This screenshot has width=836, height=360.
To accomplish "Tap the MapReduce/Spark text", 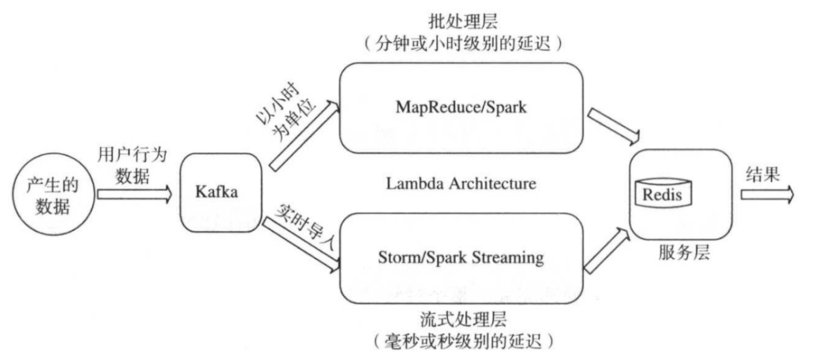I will click(x=461, y=107).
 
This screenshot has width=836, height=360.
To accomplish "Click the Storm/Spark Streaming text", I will click(x=461, y=257).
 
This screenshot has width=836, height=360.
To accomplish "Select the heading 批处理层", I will click(x=461, y=19).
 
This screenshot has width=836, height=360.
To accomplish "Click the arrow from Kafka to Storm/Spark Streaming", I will click(x=303, y=243).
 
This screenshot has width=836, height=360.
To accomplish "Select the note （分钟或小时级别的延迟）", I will click(x=461, y=43).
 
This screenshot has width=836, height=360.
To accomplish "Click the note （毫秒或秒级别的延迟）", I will click(x=461, y=341).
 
